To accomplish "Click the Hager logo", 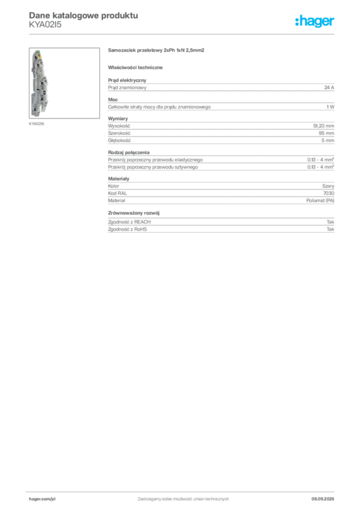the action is coord(315,21).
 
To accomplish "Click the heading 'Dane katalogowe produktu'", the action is coord(84,15).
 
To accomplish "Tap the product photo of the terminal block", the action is coord(64,83).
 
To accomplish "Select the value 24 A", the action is coord(329,87).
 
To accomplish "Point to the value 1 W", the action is coord(331,107).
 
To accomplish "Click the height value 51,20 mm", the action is coord(324,126).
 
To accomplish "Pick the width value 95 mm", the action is coord(327,133).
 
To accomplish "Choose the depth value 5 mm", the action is coord(328,140).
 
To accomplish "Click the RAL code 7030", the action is coord(329,193).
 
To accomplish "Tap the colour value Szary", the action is coord(328,186).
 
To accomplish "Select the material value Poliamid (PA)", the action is coord(320,201).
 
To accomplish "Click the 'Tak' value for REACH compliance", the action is coord(331,222).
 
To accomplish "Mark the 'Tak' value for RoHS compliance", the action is coord(331,229).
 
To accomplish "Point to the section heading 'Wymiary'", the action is coord(118,119).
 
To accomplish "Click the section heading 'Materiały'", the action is coord(118,178).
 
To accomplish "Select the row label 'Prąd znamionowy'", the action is coord(127,87).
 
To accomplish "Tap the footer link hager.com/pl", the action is coord(42,499).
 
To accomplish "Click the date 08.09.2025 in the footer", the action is coord(323,499).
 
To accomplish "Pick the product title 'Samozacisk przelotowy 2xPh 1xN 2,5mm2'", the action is coord(156,50).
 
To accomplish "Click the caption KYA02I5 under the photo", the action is coord(36,124).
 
